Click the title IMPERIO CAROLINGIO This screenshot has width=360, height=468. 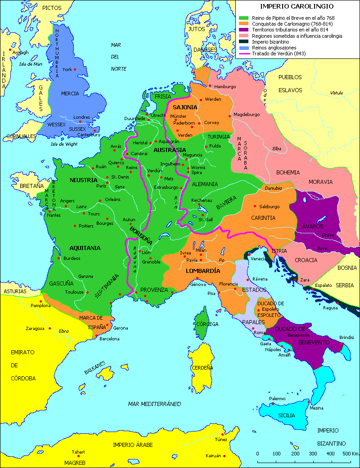click(x=297, y=6)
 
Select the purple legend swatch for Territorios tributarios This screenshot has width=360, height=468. click(x=244, y=30)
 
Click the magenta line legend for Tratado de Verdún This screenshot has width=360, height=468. click(x=244, y=53)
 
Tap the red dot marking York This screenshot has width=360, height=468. click(x=75, y=69)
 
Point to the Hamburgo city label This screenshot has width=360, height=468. click(x=225, y=86)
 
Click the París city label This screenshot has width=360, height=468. click(x=101, y=186)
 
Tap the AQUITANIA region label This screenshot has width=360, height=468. click(x=85, y=248)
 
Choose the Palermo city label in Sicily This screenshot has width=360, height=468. click(x=277, y=399)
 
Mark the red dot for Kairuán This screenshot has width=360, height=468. click(x=224, y=455)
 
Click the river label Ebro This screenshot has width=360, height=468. click(x=63, y=331)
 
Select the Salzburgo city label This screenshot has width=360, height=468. click(x=270, y=207)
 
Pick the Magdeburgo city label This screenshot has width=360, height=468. click(x=247, y=114)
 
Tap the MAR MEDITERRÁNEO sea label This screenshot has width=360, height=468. click(x=154, y=404)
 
